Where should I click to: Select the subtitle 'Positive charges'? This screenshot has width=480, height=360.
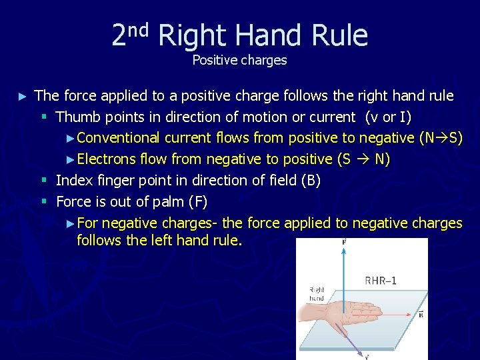239,60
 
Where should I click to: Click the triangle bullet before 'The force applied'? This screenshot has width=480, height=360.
23,97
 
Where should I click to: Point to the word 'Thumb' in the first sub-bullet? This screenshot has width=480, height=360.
76,117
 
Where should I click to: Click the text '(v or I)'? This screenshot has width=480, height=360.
388,117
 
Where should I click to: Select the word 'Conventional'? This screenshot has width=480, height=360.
119,138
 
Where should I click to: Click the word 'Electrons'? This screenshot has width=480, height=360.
107,159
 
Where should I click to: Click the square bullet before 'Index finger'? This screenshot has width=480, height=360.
43,181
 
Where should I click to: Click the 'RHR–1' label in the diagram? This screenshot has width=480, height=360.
381,281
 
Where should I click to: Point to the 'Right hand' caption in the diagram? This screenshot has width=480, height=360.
317,294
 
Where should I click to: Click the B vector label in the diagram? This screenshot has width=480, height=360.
421,315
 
